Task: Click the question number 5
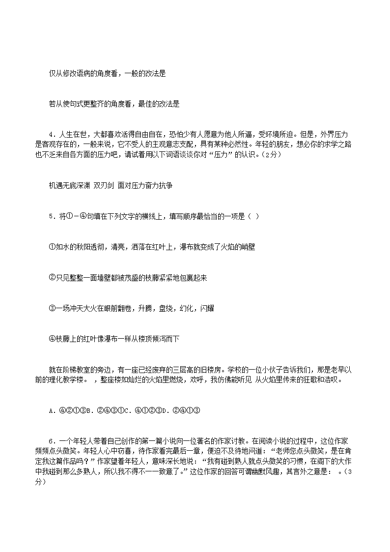tap(51, 216)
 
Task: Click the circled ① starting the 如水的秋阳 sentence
tap(52, 247)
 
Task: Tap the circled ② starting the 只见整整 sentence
tap(52, 278)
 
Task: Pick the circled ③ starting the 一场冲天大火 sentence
tap(52, 308)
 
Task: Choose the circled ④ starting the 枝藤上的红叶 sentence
tap(52, 339)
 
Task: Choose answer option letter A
tap(51, 410)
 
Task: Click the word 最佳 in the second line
tap(146, 104)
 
